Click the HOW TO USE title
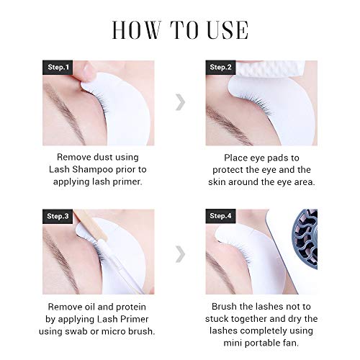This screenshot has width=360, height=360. click(x=180, y=30)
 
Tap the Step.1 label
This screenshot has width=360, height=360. click(x=58, y=67)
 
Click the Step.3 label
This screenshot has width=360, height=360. click(x=58, y=216)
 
